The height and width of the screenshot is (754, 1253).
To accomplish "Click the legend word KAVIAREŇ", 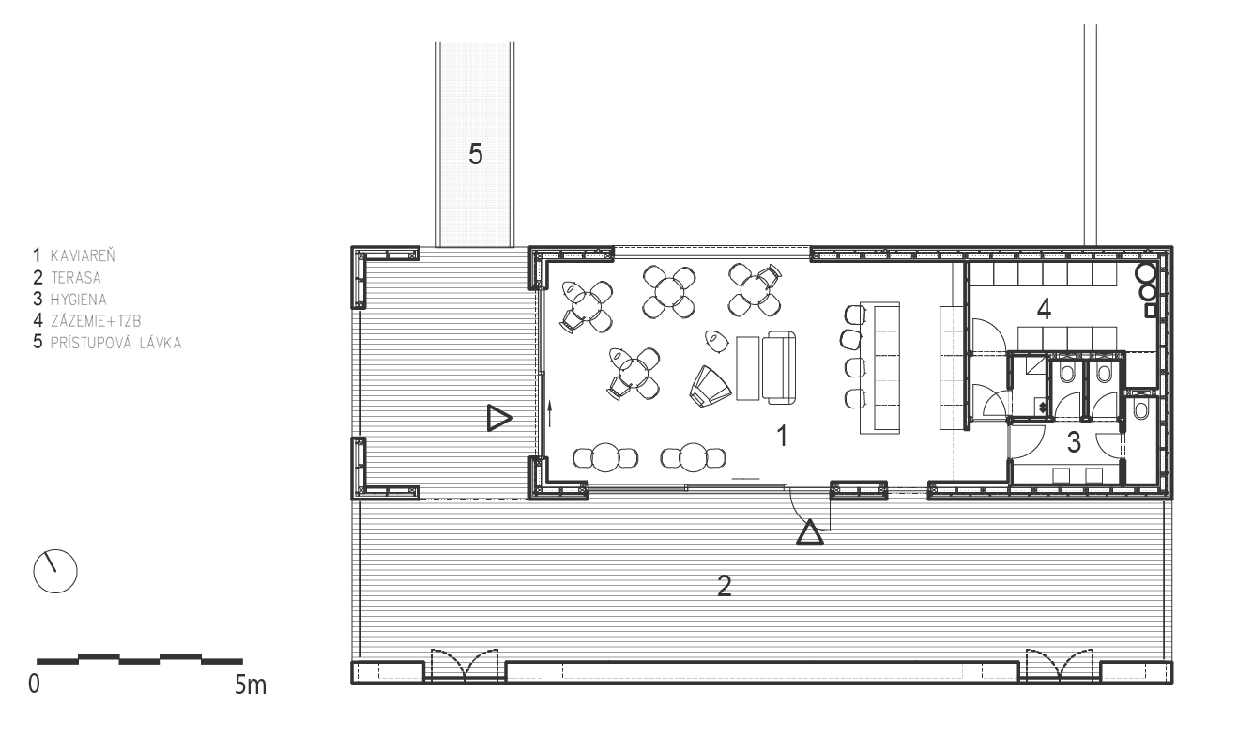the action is (83, 255).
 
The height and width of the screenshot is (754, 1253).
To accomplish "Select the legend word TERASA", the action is (76, 278).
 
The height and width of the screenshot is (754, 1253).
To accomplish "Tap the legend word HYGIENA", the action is (79, 300).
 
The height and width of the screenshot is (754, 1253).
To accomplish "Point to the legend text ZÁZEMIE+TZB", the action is (96, 321).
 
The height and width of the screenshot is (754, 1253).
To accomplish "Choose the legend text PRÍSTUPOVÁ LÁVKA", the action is (116, 343).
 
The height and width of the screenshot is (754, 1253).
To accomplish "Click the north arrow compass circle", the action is (55, 572).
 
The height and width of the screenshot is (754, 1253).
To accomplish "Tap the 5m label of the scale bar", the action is (250, 685).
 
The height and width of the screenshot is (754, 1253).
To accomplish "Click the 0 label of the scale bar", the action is (34, 685).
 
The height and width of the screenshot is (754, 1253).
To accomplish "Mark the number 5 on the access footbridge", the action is (476, 154).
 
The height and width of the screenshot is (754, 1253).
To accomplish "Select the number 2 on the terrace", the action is (725, 586).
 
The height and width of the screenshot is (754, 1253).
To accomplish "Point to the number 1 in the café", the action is (782, 436).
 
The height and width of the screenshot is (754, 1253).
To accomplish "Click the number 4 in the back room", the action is (1044, 309).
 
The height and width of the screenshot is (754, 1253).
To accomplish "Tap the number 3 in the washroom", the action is (1074, 442).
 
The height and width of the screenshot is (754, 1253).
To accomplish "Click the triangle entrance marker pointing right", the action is (499, 418).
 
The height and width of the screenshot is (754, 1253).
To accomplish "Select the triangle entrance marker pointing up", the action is (809, 532).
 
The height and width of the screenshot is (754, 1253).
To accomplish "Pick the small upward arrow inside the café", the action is (550, 414).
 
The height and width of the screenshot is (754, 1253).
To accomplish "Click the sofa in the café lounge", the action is (779, 367).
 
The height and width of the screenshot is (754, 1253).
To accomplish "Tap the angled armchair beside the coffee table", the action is (710, 385).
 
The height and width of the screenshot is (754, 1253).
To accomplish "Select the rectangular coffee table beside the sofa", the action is (748, 368).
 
